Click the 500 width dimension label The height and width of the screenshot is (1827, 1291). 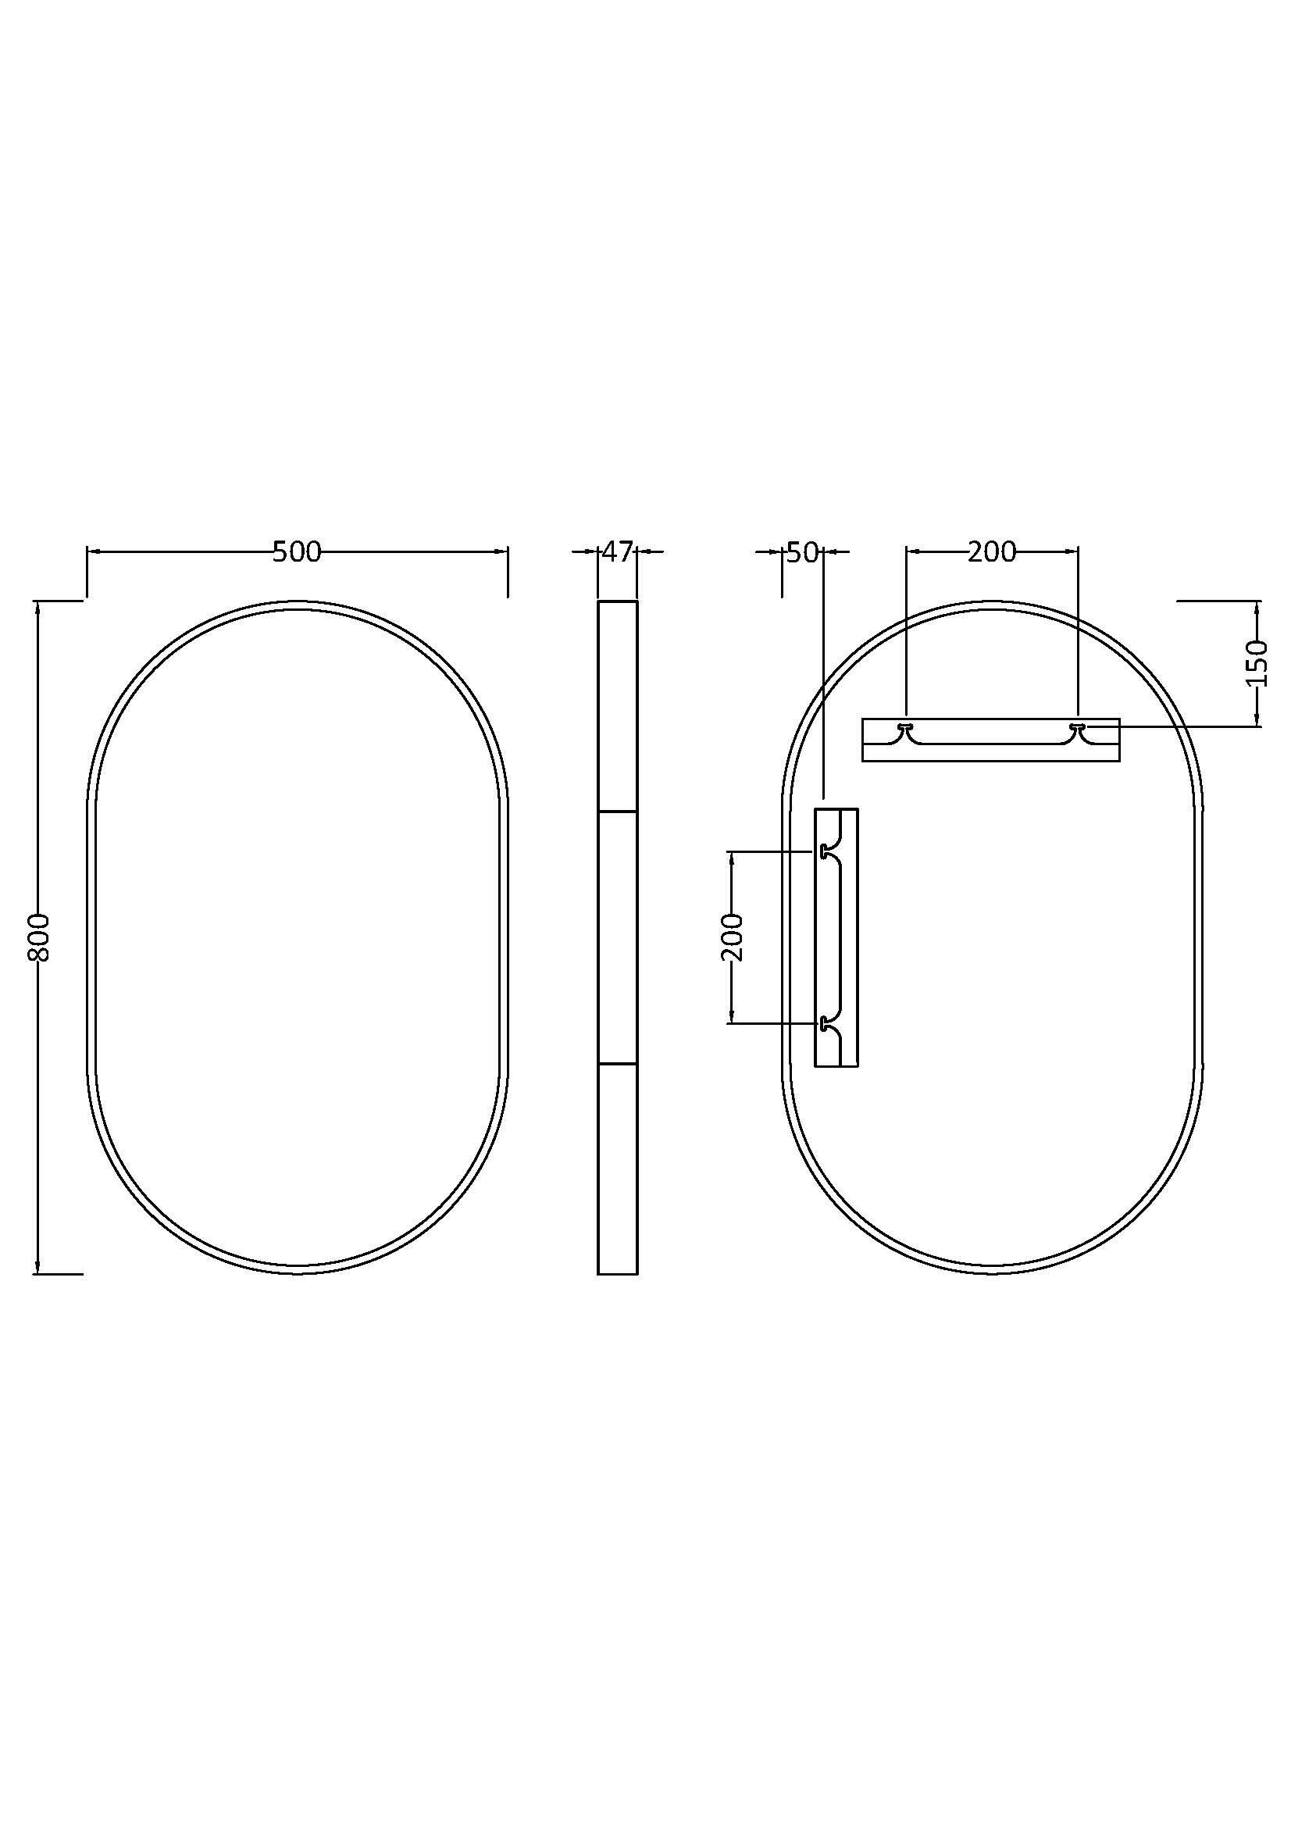[297, 551]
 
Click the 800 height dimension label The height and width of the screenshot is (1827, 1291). [39, 937]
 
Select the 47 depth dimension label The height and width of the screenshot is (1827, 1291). [617, 551]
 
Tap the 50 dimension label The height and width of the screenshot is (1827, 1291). [803, 551]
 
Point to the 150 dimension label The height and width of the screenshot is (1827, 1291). [1257, 663]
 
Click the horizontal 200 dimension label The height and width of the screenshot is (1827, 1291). [992, 551]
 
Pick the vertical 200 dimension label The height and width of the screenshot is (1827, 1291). [733, 937]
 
